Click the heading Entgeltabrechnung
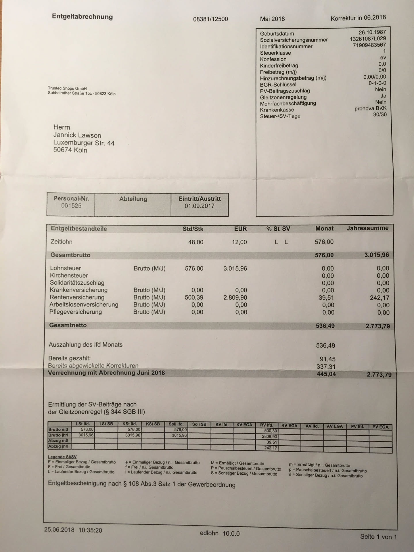point(82,17)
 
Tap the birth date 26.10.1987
point(372,32)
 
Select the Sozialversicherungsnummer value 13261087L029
point(368,39)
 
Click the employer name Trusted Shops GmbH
point(67,88)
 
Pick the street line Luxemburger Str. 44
point(84,143)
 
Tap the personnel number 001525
point(71,206)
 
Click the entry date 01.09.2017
point(200,206)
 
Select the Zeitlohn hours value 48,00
point(195,242)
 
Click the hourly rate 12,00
point(239,242)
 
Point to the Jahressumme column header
point(367,228)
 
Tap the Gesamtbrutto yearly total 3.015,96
point(376,255)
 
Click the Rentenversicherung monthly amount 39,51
point(326,298)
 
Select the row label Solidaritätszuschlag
point(77,283)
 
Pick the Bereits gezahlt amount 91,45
point(327,359)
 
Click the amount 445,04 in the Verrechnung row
point(326,374)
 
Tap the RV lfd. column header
point(267,425)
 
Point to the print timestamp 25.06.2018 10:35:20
point(73,530)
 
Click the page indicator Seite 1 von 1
point(378,536)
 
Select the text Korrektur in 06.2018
point(358,18)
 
